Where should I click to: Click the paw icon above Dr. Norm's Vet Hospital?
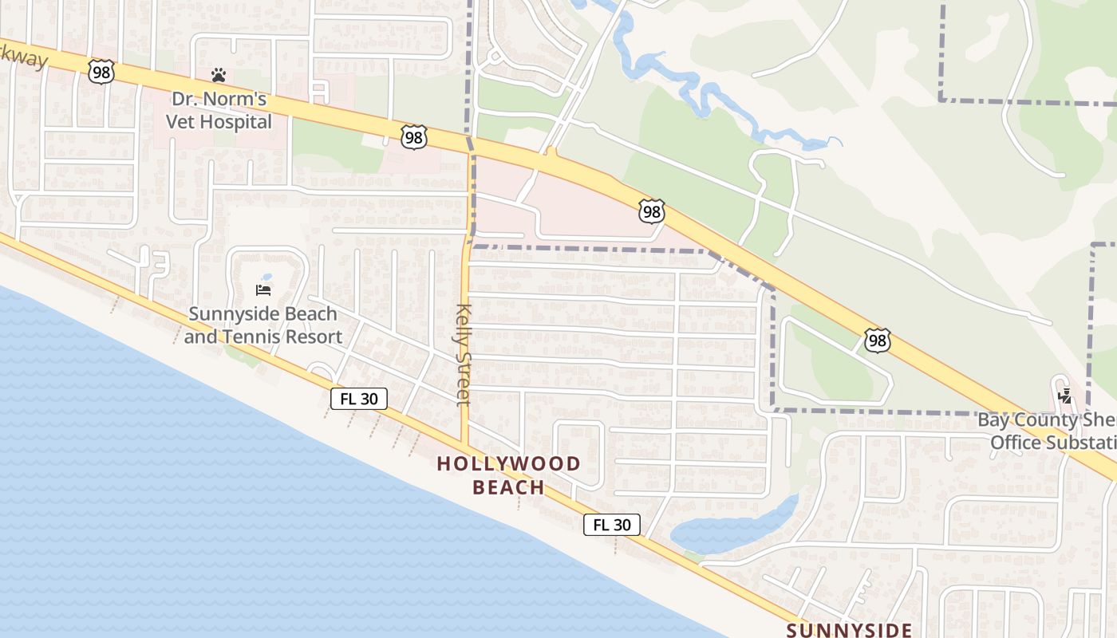[219, 75]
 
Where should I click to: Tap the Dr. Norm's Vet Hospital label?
[219, 112]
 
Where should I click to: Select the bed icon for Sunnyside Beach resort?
[263, 289]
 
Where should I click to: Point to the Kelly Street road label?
[464, 354]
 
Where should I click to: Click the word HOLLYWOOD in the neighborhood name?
[509, 463]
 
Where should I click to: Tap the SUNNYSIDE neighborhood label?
[849, 630]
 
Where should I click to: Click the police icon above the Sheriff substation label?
[1064, 396]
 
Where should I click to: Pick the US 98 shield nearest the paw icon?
[102, 72]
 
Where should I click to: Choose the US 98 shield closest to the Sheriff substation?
[877, 341]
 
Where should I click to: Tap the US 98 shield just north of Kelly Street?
[413, 138]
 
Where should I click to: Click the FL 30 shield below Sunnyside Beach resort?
[359, 399]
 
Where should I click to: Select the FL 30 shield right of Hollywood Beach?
[612, 525]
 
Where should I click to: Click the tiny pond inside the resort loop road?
[266, 278]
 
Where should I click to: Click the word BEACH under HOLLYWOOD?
[509, 486]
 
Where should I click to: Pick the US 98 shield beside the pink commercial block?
[651, 211]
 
